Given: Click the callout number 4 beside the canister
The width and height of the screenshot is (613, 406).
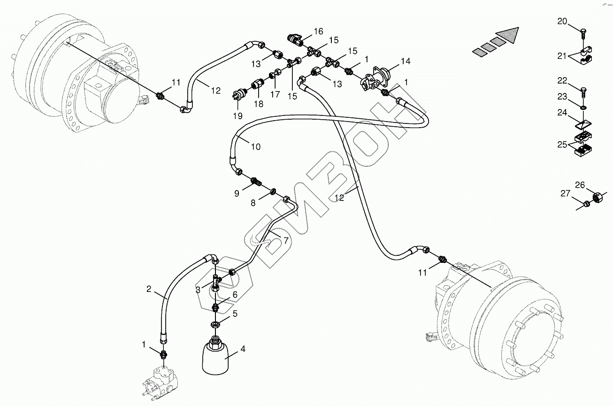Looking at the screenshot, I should [x=243, y=349].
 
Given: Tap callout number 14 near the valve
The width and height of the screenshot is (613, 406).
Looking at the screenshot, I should [x=406, y=61].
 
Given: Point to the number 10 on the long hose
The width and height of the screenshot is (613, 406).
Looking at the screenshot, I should [x=255, y=146].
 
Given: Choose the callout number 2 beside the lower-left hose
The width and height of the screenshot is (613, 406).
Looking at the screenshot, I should [x=149, y=289].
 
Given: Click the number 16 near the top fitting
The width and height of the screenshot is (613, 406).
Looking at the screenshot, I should [x=318, y=31].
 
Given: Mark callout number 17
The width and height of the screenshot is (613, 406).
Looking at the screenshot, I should [x=275, y=94].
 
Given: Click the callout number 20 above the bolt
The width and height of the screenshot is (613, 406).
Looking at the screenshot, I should [x=562, y=21].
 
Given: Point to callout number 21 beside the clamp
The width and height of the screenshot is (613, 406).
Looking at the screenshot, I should [x=562, y=56].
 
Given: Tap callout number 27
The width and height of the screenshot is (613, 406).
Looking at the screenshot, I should [x=565, y=193].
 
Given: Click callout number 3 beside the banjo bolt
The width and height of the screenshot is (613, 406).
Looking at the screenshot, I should [x=199, y=290].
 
